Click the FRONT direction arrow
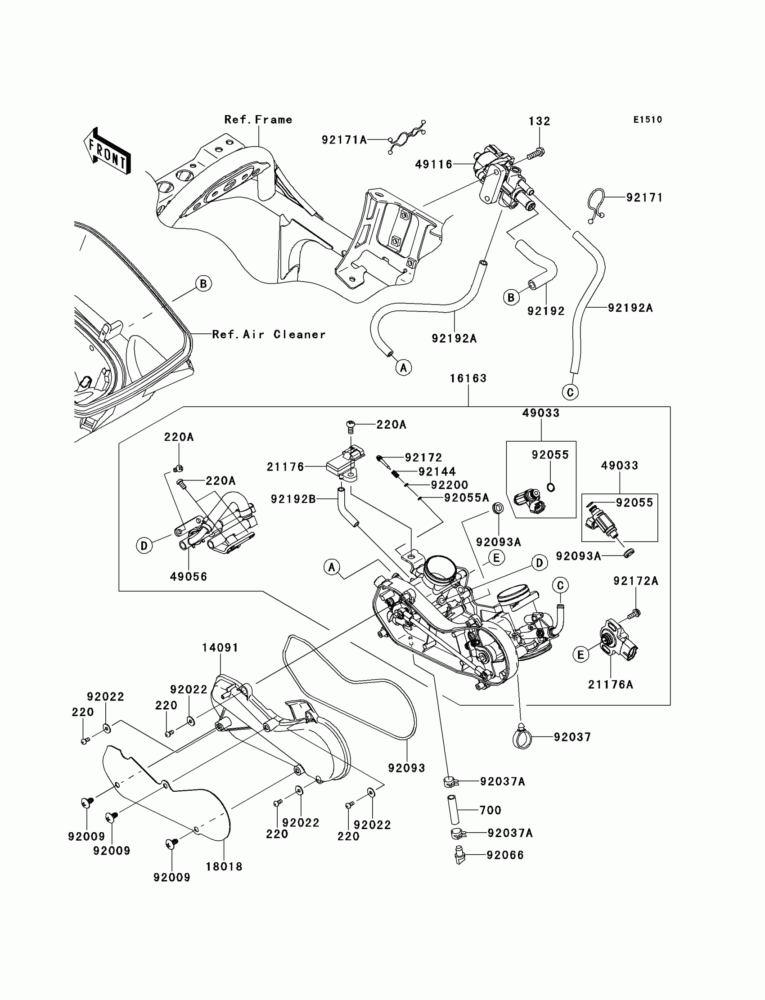pyautogui.click(x=108, y=151)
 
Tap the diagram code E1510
pyautogui.click(x=648, y=120)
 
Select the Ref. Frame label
pyautogui.click(x=258, y=120)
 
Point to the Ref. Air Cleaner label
pyautogui.click(x=269, y=335)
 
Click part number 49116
pyautogui.click(x=433, y=164)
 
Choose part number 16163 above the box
pyautogui.click(x=468, y=378)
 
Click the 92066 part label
pyautogui.click(x=505, y=855)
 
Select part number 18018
pyautogui.click(x=224, y=867)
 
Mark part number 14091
pyautogui.click(x=220, y=647)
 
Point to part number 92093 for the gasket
pyautogui.click(x=407, y=768)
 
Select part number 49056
pyautogui.click(x=189, y=577)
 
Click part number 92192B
pyautogui.click(x=293, y=499)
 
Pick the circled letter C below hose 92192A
pyautogui.click(x=570, y=392)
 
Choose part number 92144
pyautogui.click(x=437, y=472)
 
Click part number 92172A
pyautogui.click(x=636, y=581)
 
